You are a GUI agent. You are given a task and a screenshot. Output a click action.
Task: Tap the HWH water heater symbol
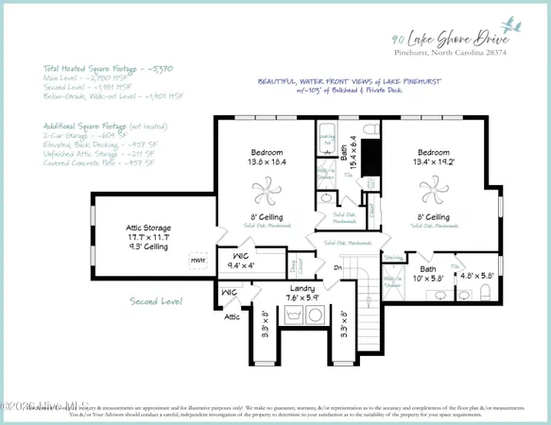point(198,260)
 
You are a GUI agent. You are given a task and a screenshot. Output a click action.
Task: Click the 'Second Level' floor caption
point(156,301)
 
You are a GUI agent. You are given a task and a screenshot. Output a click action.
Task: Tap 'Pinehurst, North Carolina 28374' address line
point(450,55)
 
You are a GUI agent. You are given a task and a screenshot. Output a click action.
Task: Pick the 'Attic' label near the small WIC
point(232,317)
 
